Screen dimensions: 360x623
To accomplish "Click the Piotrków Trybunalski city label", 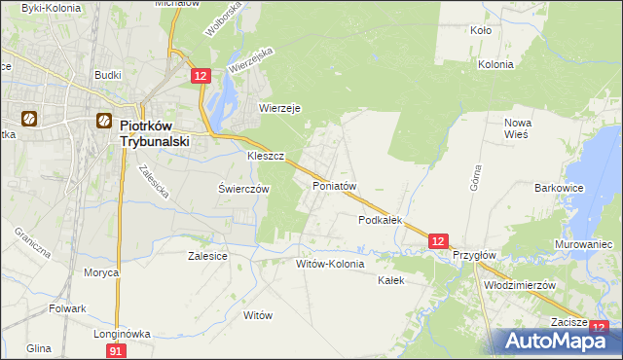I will click(154, 132).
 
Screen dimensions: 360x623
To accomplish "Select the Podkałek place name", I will click(381, 220).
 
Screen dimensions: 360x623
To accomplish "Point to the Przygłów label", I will click(475, 255).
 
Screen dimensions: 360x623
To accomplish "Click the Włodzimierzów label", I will click(519, 286).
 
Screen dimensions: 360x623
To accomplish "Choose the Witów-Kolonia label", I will click(330, 264).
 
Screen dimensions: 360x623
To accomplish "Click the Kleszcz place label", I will click(265, 155).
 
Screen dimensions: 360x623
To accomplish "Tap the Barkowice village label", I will click(560, 187).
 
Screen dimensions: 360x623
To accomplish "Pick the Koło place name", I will click(480, 30).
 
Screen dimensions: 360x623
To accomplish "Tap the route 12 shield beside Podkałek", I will click(437, 240).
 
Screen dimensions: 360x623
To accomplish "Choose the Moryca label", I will click(100, 272).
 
